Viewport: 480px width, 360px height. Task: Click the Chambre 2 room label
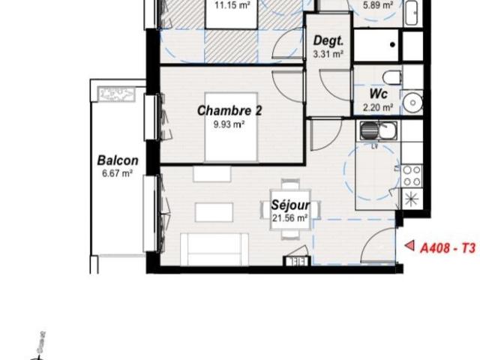coord(229,111)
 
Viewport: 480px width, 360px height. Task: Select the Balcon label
coord(118,160)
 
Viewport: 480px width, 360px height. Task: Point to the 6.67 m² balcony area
coord(118,172)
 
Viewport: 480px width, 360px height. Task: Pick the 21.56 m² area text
coord(291,218)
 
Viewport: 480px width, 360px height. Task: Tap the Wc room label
coord(378,94)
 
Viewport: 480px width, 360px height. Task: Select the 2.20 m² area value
coord(378,106)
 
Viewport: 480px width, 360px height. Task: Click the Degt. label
coord(328,41)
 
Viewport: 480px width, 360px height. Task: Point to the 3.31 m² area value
coord(328,53)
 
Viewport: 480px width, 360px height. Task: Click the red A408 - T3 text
coord(448,246)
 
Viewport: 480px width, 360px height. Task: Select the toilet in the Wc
coord(391,76)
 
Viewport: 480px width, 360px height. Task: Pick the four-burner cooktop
coord(412,176)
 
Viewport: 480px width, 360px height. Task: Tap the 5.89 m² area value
coord(378,4)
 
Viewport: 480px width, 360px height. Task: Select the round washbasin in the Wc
coord(412,101)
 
